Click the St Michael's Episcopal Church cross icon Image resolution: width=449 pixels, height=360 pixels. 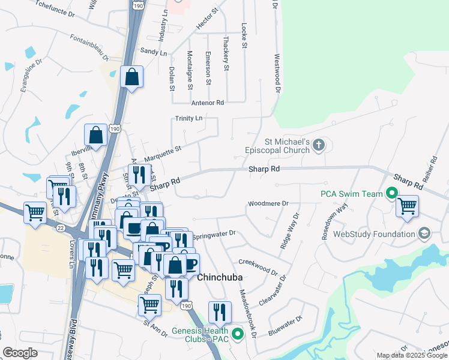pyautogui.click(x=319, y=144)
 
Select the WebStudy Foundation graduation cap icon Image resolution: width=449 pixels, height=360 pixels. pyautogui.click(x=424, y=233)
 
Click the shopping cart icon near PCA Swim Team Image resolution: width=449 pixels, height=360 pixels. pyautogui.click(x=408, y=206)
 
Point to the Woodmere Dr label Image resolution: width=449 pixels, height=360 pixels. pyautogui.click(x=268, y=204)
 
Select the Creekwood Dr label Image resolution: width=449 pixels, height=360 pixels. pyautogui.click(x=258, y=266)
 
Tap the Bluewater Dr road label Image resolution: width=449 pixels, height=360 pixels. pyautogui.click(x=285, y=324)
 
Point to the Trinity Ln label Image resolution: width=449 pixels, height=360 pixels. pyautogui.click(x=189, y=118)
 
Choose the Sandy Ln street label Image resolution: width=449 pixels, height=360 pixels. pyautogui.click(x=154, y=53)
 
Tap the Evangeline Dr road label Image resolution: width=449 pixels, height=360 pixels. pyautogui.click(x=31, y=76)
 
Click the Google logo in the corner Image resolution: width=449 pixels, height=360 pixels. pyautogui.click(x=20, y=353)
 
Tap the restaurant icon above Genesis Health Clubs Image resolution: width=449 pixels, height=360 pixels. pyautogui.click(x=220, y=312)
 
